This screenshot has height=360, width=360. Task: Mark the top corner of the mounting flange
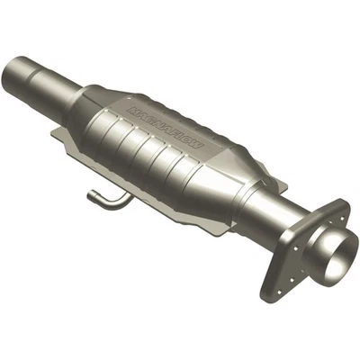coord(346,205)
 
